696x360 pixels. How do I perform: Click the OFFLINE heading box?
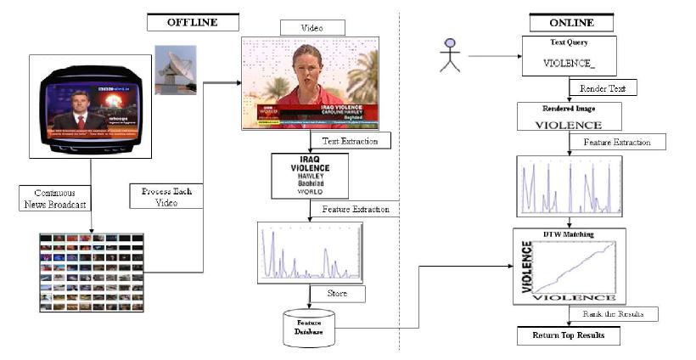tap(193, 23)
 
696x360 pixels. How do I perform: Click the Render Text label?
tap(603, 88)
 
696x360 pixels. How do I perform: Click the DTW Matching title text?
tap(570, 234)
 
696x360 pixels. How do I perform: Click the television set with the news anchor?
tap(89, 106)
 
